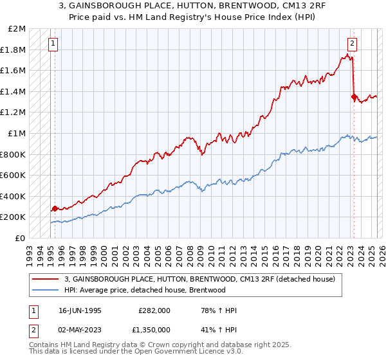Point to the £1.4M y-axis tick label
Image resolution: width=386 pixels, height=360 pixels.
[x=14, y=91]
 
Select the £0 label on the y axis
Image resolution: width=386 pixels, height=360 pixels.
[x=20, y=238]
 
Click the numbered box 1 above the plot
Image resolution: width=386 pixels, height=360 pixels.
[x=53, y=44]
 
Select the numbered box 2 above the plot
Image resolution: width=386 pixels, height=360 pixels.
[x=353, y=44]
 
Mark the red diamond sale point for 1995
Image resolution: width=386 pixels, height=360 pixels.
[x=55, y=208]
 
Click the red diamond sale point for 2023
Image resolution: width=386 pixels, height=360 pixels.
[x=354, y=97]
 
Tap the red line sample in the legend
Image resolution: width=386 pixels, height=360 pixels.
[x=46, y=279]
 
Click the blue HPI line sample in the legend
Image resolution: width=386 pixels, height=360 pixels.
[x=46, y=290]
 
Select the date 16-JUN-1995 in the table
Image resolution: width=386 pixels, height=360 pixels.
[x=80, y=310]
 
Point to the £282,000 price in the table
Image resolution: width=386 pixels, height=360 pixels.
[x=154, y=310]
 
